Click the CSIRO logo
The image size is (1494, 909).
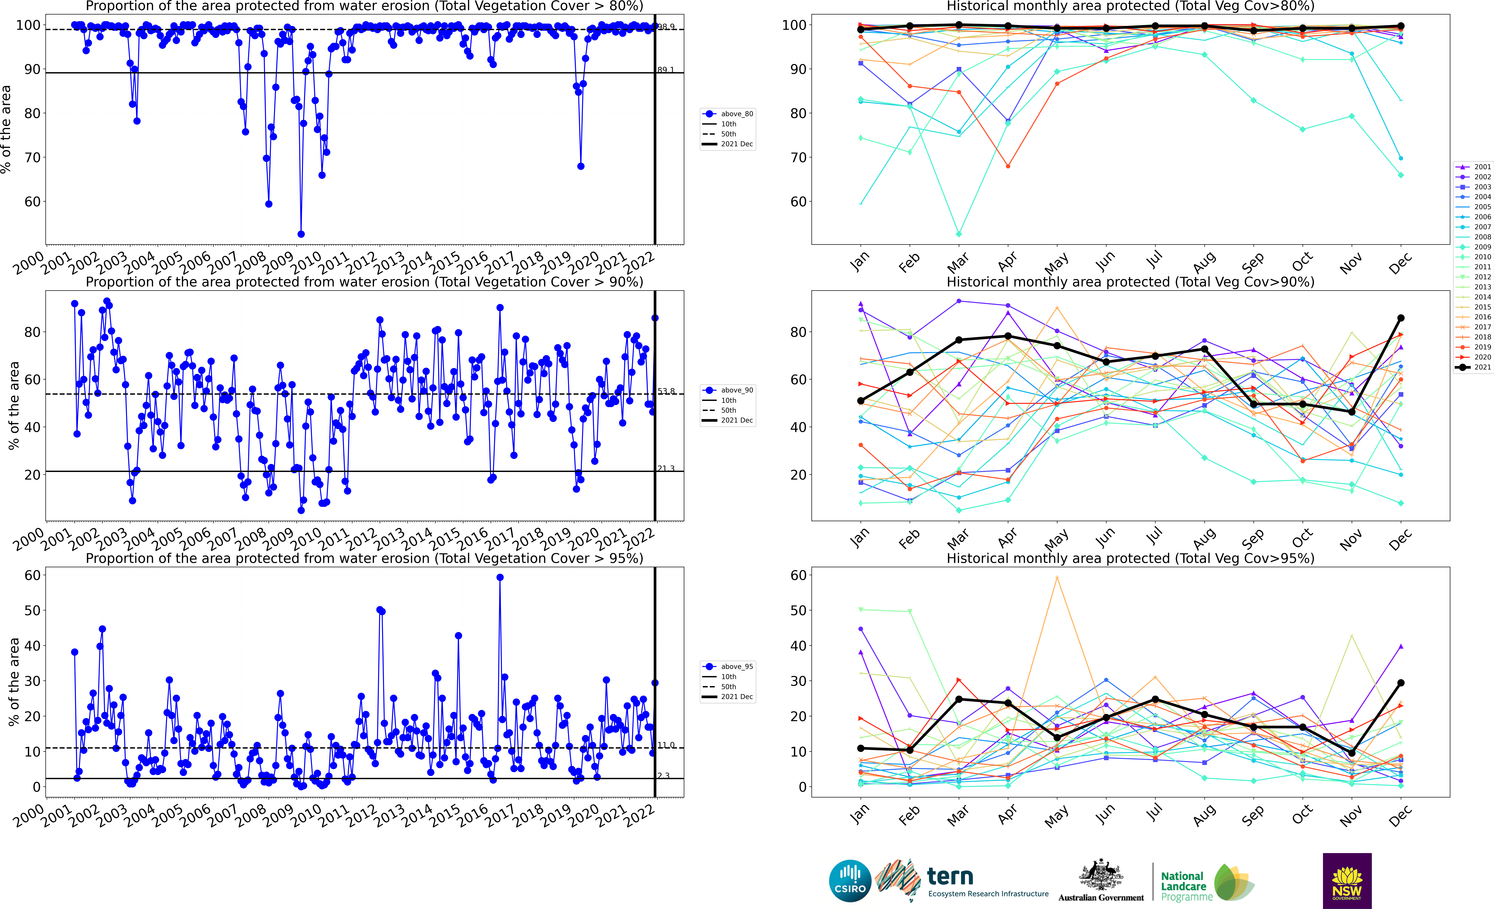850,880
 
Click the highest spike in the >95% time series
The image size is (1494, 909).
500,578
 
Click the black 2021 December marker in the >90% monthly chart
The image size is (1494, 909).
1401,318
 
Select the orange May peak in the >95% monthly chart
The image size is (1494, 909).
1057,578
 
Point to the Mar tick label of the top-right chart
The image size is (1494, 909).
958,262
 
